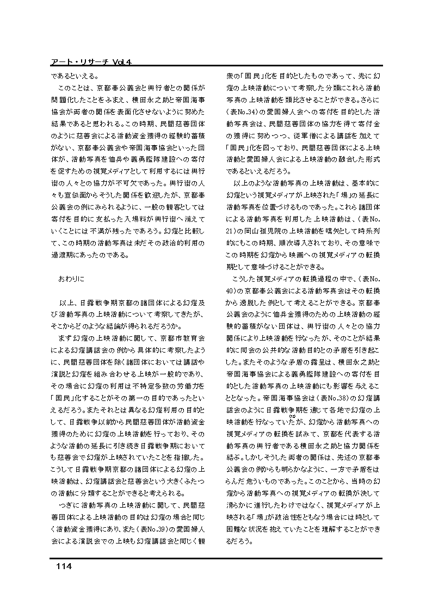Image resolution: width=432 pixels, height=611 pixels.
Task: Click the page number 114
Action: pyautogui.click(x=64, y=566)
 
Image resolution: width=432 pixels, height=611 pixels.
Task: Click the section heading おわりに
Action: pyautogui.click(x=71, y=278)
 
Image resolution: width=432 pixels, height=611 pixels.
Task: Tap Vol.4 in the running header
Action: pyautogui.click(x=122, y=63)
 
